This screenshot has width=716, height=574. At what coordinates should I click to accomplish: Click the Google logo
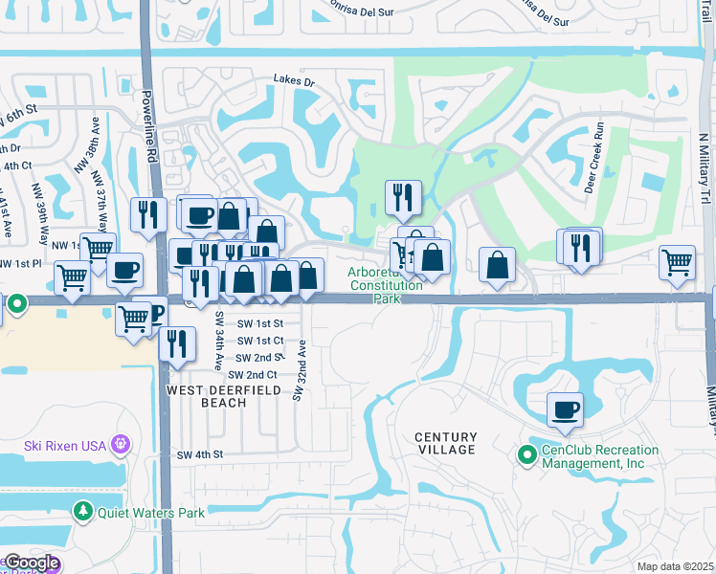[x=31, y=563]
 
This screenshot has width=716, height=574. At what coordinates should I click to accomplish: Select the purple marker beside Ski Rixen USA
[x=120, y=444]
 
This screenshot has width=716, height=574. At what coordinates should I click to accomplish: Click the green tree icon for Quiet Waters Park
[x=83, y=513]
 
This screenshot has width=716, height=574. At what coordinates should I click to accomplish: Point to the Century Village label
[x=445, y=442]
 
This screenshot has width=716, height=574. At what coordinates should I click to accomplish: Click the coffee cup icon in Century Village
[x=565, y=410]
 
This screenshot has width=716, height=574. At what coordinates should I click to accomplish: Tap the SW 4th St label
[x=199, y=454]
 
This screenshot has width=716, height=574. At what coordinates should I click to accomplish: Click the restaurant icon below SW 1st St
[x=178, y=343]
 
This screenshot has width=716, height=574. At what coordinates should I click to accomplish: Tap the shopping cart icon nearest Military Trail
[x=677, y=262]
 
